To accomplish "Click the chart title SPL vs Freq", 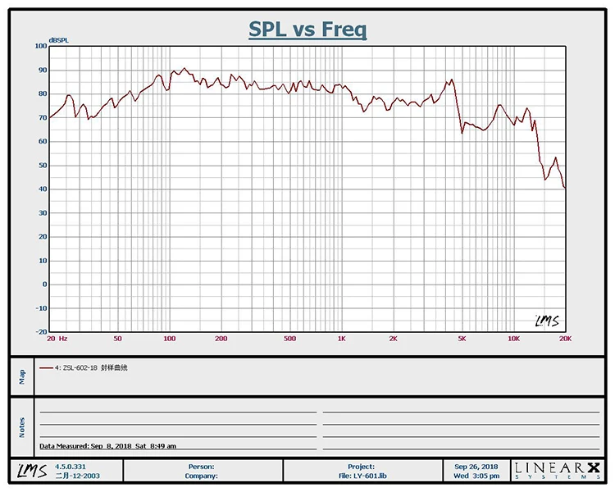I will (307, 30).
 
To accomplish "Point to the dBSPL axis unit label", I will (58, 39).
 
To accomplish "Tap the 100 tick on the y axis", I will (41, 46).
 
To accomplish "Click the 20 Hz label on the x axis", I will (57, 339).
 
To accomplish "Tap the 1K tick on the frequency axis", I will (341, 339).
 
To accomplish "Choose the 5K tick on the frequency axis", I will (462, 339).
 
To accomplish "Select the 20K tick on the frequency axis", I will (564, 339).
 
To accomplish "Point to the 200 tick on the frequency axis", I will (221, 339).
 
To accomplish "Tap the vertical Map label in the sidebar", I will (22, 376).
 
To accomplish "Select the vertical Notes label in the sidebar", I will (22, 427).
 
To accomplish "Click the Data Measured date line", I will (107, 446).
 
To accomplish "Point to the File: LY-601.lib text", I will (361, 476).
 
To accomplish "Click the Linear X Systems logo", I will (558, 471).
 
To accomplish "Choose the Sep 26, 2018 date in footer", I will (476, 466).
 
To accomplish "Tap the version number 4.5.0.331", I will (71, 466).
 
